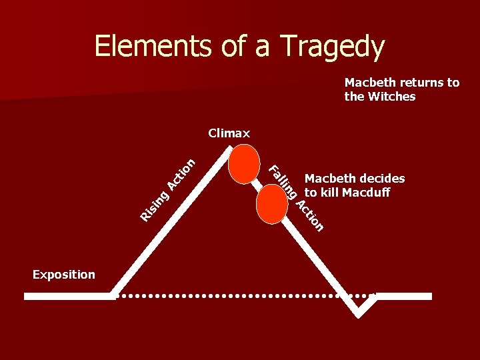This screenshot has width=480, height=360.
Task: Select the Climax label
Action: click(229, 133)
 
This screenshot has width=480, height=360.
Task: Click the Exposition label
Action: click(63, 274)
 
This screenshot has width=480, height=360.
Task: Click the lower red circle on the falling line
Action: click(272, 203)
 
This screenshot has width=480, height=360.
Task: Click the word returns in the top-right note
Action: click(422, 83)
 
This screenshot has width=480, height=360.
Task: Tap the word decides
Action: click(383, 178)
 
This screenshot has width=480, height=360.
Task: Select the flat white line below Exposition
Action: click(69, 296)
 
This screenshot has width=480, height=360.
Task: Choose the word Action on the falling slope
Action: click(310, 215)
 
